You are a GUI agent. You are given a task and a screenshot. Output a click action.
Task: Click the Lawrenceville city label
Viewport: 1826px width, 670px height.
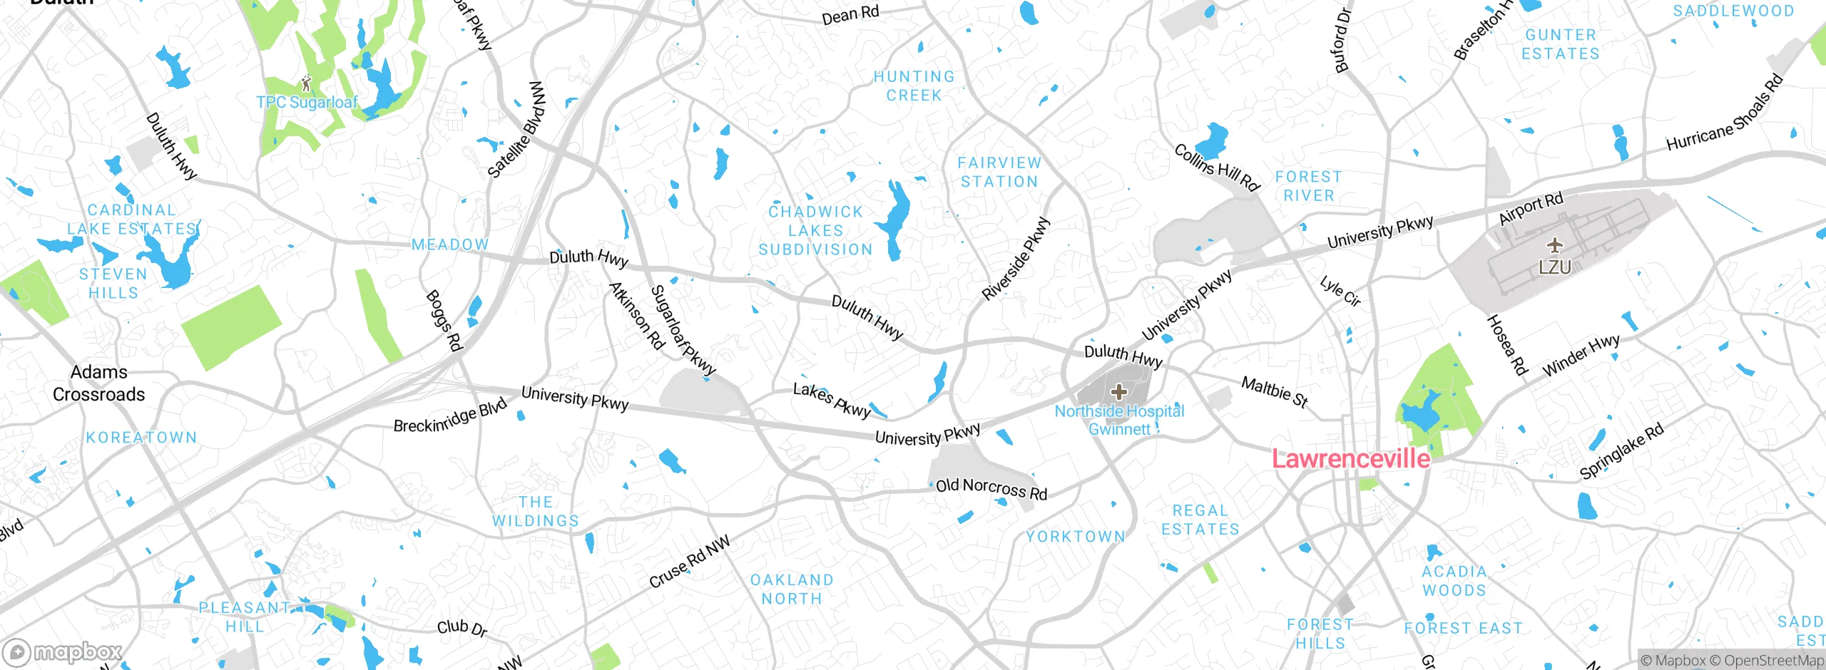(x=1351, y=459)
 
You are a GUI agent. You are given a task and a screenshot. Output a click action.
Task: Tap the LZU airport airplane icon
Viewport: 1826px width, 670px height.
(x=1555, y=246)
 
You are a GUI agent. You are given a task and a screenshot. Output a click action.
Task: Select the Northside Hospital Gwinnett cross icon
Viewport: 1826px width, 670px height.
(x=1119, y=391)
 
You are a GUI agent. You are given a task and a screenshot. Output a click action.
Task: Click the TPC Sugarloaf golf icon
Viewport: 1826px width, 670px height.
(x=307, y=83)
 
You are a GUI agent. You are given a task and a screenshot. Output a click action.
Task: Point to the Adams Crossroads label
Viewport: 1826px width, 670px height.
(x=98, y=383)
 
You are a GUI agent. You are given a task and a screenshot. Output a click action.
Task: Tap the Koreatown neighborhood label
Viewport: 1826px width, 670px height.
(x=141, y=438)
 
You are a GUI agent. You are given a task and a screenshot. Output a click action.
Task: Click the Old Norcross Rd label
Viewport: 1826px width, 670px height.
(x=991, y=489)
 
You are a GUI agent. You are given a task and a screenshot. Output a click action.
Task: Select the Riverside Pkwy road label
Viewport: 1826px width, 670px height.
(x=1016, y=259)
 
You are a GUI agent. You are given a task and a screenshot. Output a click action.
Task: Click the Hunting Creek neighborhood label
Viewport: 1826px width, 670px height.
(x=914, y=86)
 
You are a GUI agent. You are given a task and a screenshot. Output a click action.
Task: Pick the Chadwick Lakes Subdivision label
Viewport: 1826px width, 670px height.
(x=815, y=231)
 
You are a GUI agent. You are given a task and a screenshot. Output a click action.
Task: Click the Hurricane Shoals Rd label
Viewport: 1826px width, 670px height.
(x=1724, y=114)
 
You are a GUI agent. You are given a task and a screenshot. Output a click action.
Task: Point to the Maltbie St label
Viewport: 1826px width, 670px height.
(x=1275, y=393)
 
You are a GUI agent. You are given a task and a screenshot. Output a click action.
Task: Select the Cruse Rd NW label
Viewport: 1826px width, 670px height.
(x=690, y=562)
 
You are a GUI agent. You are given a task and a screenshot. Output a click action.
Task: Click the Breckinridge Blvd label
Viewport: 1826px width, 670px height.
(x=450, y=417)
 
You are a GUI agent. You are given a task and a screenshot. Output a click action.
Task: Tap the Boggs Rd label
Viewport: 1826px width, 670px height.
(x=444, y=321)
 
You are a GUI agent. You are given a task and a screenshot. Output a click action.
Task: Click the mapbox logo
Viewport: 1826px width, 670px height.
(x=63, y=652)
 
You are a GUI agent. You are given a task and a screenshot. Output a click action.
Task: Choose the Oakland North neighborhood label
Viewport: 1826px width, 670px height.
(x=792, y=589)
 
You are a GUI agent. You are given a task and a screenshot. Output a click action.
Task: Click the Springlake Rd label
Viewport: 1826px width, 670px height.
(x=1621, y=451)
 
